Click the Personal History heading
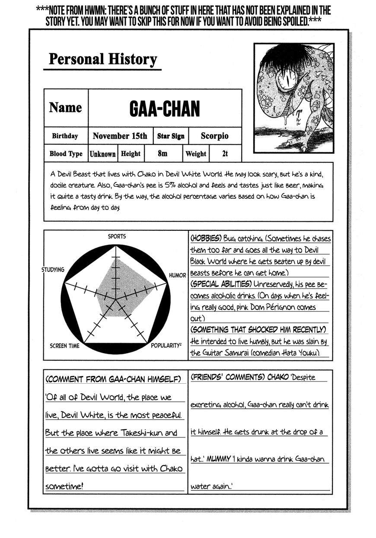(102, 59)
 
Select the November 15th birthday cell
(120, 136)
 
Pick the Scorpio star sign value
(214, 136)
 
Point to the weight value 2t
(224, 153)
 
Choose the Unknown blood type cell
(102, 154)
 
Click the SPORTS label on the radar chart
(117, 236)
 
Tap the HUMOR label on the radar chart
(177, 275)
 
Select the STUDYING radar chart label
(53, 270)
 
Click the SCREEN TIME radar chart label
(64, 346)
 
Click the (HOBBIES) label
(206, 239)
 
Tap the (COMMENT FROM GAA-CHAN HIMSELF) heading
(113, 379)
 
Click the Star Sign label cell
(171, 136)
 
